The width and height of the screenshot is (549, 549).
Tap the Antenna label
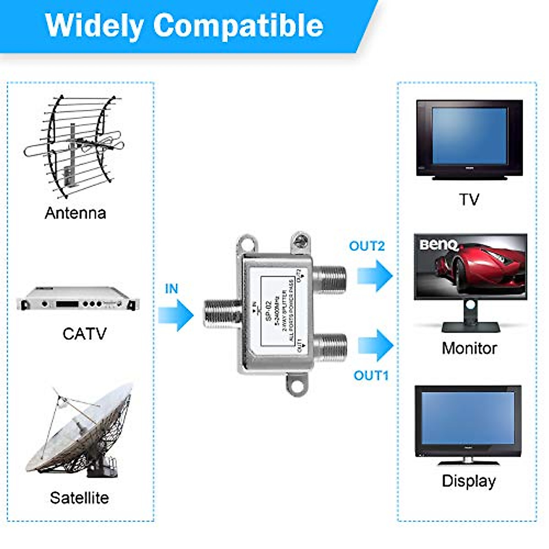coord(75,213)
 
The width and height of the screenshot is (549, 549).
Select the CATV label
coord(84,334)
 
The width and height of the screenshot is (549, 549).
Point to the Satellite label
coord(79,497)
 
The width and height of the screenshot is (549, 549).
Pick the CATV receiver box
coord(78,299)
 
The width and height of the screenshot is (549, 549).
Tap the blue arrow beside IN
coord(176,315)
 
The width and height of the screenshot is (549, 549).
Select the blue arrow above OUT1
coord(375,345)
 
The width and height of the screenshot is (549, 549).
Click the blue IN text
coord(171,289)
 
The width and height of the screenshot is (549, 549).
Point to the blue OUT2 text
coord(366,246)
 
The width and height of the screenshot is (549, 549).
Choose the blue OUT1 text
coord(371,376)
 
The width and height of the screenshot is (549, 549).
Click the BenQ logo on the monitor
coord(438,245)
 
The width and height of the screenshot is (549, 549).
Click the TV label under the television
coord(469,199)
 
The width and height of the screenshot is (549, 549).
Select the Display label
coord(468,481)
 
